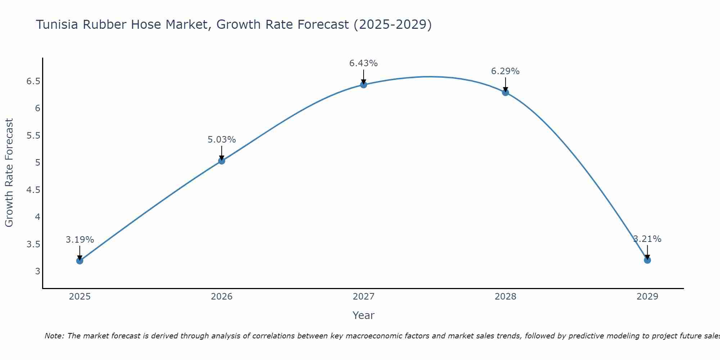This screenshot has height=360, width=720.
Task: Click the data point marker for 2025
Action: click(80, 261)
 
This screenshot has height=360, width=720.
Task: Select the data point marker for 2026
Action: click(221, 161)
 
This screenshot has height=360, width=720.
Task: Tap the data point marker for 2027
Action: click(364, 85)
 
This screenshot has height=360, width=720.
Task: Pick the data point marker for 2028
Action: click(505, 93)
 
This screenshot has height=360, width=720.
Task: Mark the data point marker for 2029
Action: click(647, 260)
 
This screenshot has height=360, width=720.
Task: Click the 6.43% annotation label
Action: click(364, 63)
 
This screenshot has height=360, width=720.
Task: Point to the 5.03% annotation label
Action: click(221, 140)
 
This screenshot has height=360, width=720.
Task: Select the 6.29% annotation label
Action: click(505, 71)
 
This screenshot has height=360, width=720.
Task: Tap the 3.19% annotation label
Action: click(80, 240)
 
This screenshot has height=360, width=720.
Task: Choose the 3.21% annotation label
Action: click(647, 239)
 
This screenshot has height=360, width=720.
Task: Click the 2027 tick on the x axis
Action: click(364, 297)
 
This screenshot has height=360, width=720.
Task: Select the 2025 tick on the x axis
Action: click(80, 297)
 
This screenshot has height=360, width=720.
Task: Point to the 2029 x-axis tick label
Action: click(647, 297)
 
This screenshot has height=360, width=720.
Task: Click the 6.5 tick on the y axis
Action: click(33, 81)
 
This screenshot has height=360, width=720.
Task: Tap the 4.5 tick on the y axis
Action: click(33, 190)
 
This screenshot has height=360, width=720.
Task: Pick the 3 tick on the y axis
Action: click(37, 271)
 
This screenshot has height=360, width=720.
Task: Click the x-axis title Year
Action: click(364, 315)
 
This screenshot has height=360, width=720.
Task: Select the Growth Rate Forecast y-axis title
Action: click(9, 173)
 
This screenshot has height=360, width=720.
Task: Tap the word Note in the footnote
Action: click(54, 336)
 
